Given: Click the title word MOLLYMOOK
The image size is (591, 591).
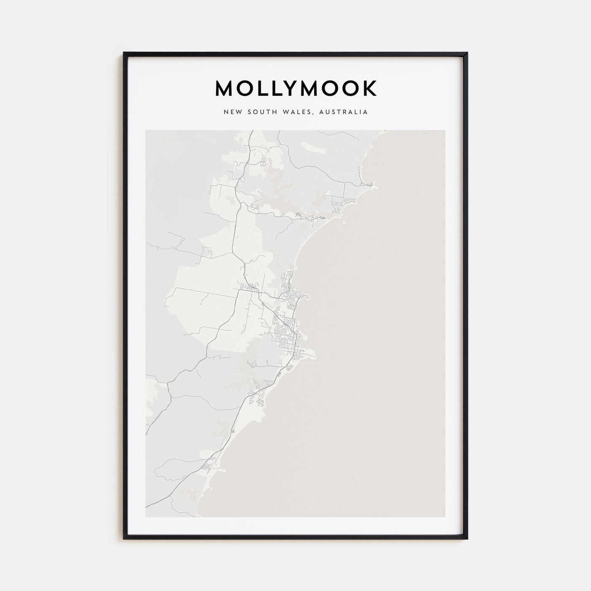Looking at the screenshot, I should tap(296, 88).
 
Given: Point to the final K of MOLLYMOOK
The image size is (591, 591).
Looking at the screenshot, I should tap(370, 88).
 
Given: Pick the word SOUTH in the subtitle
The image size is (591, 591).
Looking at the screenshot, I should tap(261, 112).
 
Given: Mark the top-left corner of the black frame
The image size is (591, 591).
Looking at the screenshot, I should tap(124, 53).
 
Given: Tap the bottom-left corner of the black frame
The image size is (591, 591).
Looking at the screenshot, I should tap(124, 538).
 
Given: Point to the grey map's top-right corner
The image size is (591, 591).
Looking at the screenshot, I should tap(445, 130).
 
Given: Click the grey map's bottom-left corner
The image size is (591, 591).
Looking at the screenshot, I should tap(146, 517).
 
